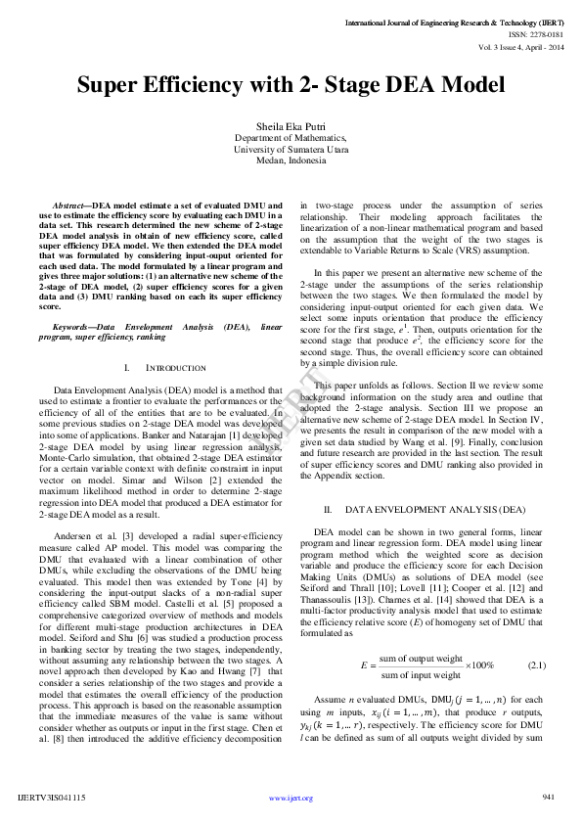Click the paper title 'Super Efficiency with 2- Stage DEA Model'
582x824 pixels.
(291, 85)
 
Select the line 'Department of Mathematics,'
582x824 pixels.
(291, 138)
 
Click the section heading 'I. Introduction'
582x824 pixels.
(165, 368)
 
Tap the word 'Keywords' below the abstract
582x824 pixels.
(73, 325)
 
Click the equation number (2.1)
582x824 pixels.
(536, 664)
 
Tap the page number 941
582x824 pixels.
(548, 797)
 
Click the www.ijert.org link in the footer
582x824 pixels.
(291, 799)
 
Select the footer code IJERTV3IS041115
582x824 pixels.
(52, 798)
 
